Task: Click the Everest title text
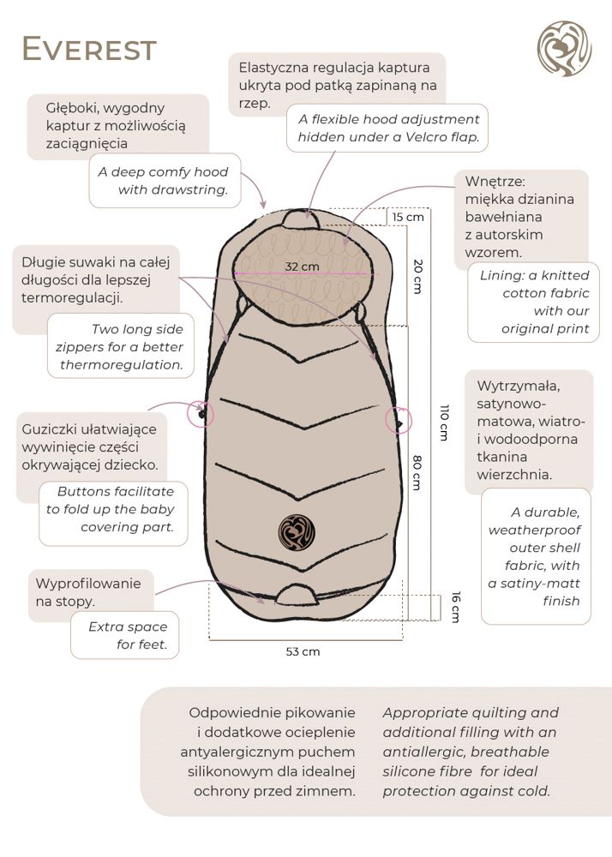pos(89,50)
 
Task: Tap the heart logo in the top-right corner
pos(564,50)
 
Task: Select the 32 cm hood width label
pos(302,267)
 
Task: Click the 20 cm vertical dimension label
pos(417,276)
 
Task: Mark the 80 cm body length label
pos(417,471)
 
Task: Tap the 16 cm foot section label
pos(455,608)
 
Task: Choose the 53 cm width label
pos(303,651)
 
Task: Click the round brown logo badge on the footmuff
pos(296,531)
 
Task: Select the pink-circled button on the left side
pos(202,414)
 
